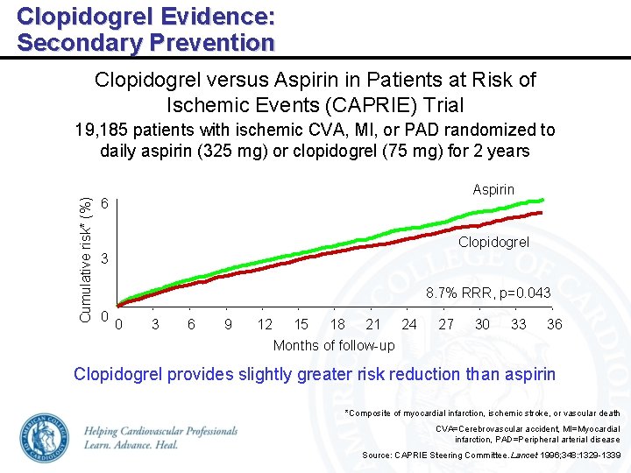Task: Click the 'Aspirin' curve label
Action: tap(493, 190)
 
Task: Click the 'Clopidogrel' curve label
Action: tap(493, 242)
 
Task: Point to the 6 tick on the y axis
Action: tap(104, 203)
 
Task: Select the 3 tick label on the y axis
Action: tap(104, 260)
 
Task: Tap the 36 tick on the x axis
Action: tap(554, 324)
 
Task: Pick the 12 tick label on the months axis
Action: tap(265, 324)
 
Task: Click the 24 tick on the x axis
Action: tap(409, 324)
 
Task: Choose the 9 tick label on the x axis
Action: tap(228, 324)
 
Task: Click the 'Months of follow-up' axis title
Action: tap(334, 345)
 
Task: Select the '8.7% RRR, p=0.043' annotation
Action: tap(488, 293)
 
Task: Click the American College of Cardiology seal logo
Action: tap(45, 438)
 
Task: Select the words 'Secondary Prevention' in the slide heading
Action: tap(145, 42)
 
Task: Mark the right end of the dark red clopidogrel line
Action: tap(542, 213)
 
